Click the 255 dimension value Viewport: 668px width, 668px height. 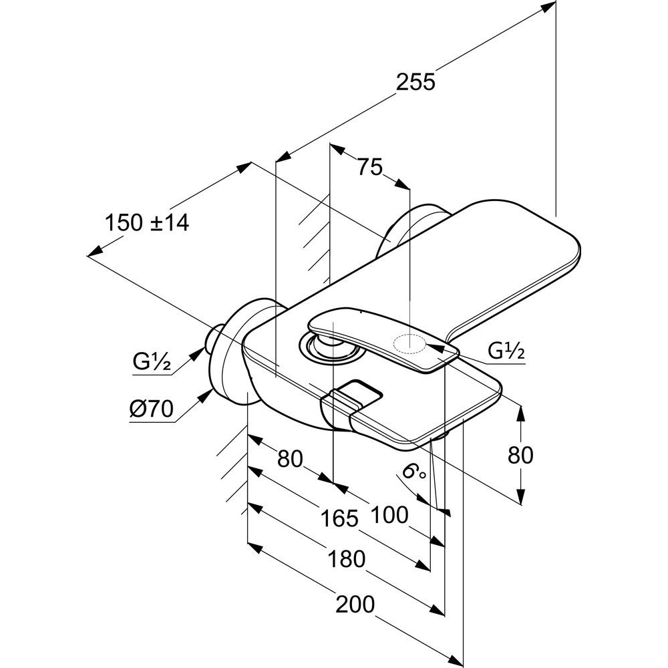tap(415, 81)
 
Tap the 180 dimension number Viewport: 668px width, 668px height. tap(346, 558)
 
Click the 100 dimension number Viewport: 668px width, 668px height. tap(388, 514)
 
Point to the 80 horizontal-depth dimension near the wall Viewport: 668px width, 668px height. tap(290, 459)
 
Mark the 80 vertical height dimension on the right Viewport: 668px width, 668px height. tap(520, 455)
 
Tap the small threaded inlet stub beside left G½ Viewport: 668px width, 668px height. tap(216, 337)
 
